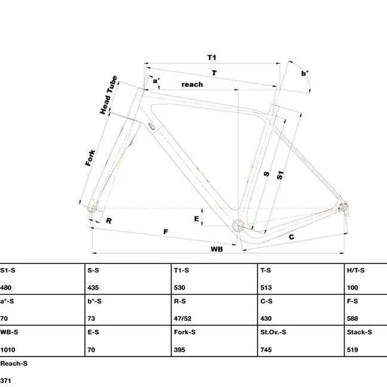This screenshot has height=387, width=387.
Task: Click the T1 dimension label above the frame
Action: (x=211, y=58)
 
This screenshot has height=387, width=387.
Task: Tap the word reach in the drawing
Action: (x=192, y=84)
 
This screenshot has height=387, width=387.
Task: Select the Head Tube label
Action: (x=108, y=95)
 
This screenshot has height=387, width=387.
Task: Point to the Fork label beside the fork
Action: (x=90, y=158)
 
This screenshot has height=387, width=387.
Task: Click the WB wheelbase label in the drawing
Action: (x=217, y=249)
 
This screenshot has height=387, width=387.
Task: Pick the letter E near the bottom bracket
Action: (x=196, y=219)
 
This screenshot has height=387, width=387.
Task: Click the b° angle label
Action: (x=305, y=73)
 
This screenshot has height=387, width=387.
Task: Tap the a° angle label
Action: (x=156, y=81)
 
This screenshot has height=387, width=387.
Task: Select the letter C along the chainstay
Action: (x=291, y=237)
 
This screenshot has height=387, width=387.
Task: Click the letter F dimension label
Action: (x=165, y=232)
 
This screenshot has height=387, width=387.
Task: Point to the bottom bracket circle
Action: (x=238, y=225)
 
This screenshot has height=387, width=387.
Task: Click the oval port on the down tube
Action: (x=152, y=126)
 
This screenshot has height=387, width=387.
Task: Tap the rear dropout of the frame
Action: (x=343, y=208)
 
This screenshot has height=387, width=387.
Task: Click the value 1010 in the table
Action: (x=8, y=350)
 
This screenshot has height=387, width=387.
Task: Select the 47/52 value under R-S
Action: (x=183, y=318)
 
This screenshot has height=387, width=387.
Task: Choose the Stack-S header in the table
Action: (x=360, y=332)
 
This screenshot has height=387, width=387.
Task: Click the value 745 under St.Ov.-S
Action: (x=266, y=350)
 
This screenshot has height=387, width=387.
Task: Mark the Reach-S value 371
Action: (x=6, y=380)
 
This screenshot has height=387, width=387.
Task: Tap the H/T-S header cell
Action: (x=356, y=271)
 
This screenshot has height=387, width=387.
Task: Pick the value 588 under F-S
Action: (x=352, y=318)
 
